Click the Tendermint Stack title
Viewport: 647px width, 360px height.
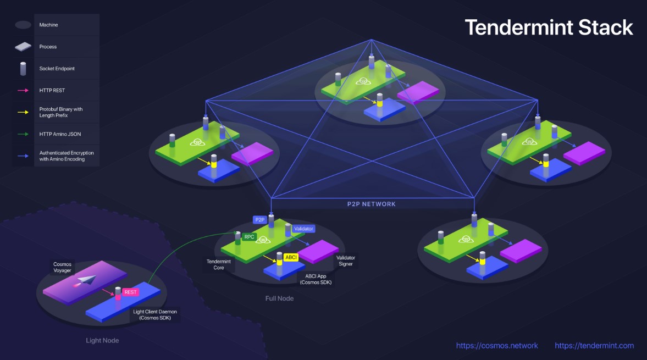pos(549,27)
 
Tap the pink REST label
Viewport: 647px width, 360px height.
pos(130,292)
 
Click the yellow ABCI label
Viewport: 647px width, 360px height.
pos(291,257)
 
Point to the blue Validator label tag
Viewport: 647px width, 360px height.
pos(303,229)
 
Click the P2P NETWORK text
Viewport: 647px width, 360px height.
pos(371,204)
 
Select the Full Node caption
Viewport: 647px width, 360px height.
pos(280,298)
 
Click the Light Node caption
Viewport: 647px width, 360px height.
pos(102,340)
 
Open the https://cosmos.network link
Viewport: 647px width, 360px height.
pos(497,346)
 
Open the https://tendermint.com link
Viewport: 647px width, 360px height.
pos(594,346)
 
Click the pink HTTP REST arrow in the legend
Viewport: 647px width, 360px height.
pos(23,90)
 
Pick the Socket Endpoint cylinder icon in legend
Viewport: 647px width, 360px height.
pos(23,69)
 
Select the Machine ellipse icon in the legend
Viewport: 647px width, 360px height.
pos(23,25)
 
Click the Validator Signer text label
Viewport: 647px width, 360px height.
pos(346,261)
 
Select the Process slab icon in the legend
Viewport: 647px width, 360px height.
pos(23,47)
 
